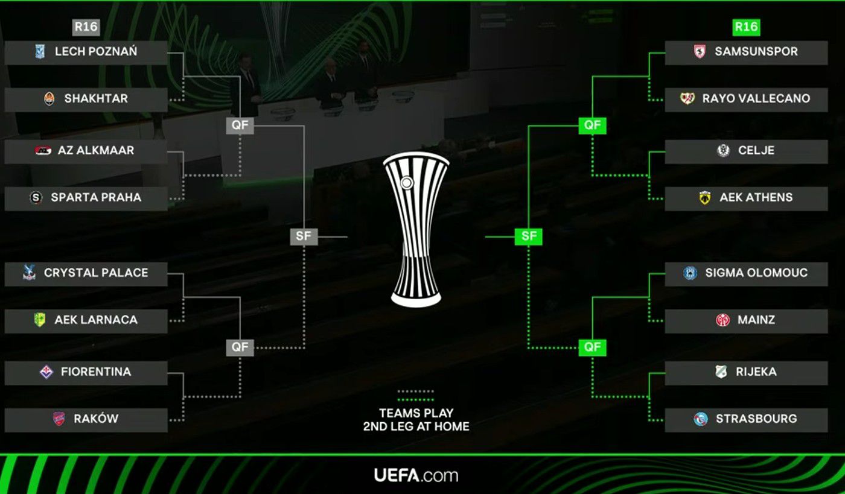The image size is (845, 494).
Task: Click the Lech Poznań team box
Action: pyautogui.click(x=86, y=52)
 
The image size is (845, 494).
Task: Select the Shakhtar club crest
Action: pyautogui.click(x=49, y=99)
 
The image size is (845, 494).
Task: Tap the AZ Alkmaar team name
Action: pyautogui.click(x=96, y=150)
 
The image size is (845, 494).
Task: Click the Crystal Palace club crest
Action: pyautogui.click(x=28, y=273)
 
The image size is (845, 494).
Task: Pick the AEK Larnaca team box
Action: pyautogui.click(x=86, y=320)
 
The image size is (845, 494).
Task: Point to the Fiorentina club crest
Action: pyautogui.click(x=46, y=372)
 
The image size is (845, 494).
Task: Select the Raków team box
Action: pyautogui.click(x=86, y=419)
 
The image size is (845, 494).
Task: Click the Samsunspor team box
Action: pyautogui.click(x=746, y=52)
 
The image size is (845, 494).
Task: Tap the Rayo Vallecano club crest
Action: pyautogui.click(x=687, y=99)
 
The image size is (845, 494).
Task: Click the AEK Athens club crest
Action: pyautogui.click(x=704, y=198)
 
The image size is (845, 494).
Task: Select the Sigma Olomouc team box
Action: pyautogui.click(x=746, y=273)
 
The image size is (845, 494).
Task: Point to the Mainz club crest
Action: pyautogui.click(x=722, y=320)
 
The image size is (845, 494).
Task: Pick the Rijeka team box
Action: pyautogui.click(x=746, y=372)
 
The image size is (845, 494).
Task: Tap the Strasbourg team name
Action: pyautogui.click(x=756, y=419)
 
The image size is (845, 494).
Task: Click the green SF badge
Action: pyautogui.click(x=529, y=236)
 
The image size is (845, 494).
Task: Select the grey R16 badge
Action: pyautogui.click(x=86, y=27)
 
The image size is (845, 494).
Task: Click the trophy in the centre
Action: pyautogui.click(x=416, y=229)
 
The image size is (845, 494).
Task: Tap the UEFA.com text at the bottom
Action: pyautogui.click(x=416, y=475)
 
